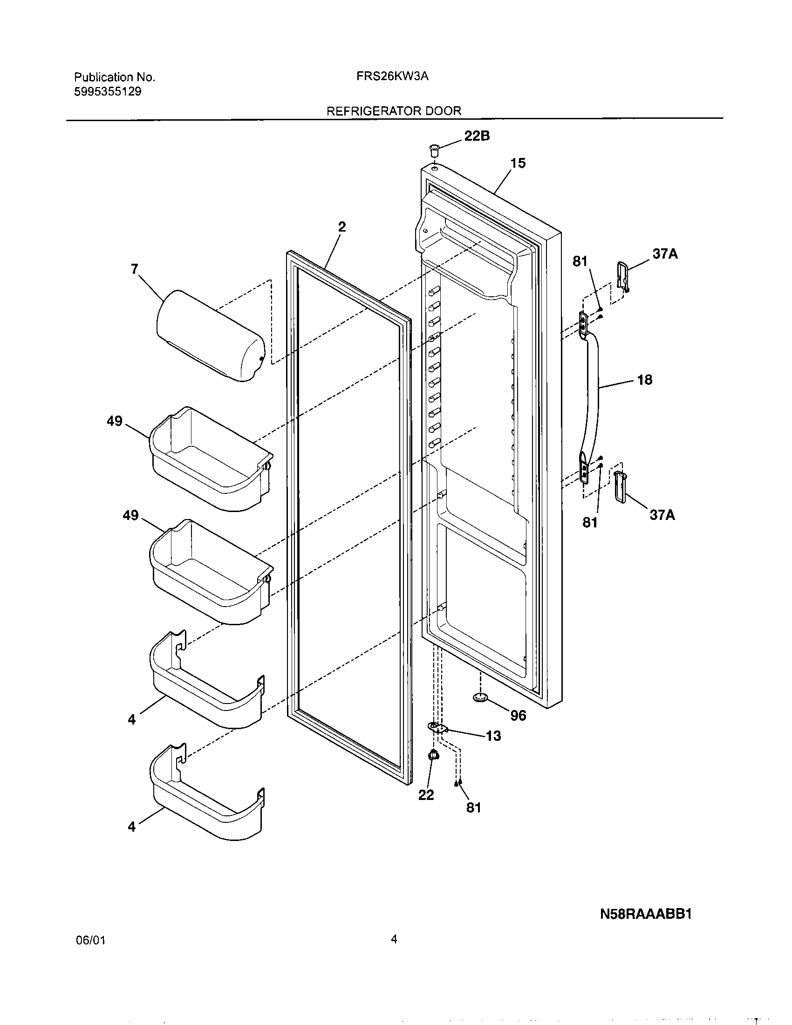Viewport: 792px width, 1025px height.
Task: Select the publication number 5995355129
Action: [108, 91]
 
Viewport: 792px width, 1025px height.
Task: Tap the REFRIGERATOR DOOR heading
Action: [393, 111]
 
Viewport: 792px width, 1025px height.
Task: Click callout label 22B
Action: [477, 136]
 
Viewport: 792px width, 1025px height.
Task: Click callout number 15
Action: [518, 164]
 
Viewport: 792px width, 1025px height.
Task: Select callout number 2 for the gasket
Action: [342, 227]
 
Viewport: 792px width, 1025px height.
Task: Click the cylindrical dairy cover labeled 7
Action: [210, 335]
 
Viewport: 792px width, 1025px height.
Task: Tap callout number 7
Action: [135, 269]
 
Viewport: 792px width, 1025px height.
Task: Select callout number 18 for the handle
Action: [645, 380]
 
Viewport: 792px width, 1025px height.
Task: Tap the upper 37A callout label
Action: [665, 254]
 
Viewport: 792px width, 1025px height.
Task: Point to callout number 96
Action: [518, 715]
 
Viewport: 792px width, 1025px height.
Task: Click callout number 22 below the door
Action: [426, 795]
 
